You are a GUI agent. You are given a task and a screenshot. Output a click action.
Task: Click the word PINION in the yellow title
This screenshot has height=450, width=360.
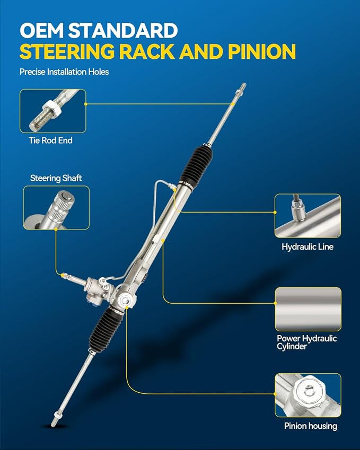point(262,51)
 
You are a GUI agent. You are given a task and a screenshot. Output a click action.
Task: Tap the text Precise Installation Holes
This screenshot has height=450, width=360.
point(64,72)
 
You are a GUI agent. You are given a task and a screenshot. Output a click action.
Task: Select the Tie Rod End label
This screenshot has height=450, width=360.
point(50,140)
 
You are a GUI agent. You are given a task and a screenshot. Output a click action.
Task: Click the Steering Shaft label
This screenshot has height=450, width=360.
point(56,178)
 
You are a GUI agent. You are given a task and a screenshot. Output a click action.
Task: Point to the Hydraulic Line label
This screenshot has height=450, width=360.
point(308,247)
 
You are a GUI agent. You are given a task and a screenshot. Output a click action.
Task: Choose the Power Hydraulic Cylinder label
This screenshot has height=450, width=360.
point(306,342)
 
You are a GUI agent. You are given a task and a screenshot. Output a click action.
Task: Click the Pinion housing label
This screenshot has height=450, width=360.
point(311,426)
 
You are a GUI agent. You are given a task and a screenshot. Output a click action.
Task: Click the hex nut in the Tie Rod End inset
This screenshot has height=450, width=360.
point(51,108)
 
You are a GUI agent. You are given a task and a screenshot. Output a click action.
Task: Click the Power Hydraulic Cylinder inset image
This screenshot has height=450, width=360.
point(308,309)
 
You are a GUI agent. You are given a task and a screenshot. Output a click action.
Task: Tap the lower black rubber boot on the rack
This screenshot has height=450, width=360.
point(106,329)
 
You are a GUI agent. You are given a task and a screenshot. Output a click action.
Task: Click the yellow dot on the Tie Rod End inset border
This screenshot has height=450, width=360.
point(85,104)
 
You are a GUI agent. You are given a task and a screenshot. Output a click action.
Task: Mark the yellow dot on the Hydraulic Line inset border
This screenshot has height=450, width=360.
point(275,213)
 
